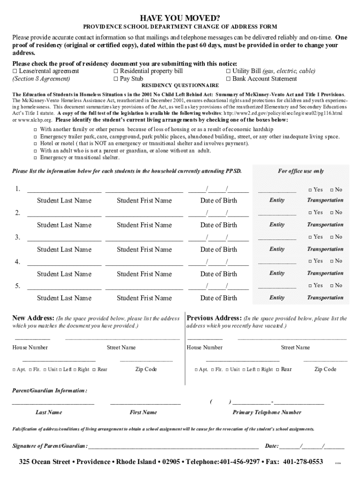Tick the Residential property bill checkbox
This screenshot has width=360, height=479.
[x=116, y=71]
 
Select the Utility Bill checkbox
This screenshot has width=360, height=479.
[x=229, y=71]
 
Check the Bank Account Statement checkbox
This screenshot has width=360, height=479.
[x=229, y=79]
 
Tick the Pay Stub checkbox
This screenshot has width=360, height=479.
[x=116, y=79]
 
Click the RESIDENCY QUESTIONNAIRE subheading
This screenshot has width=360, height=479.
[x=180, y=86]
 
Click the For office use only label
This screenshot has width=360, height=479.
[x=301, y=171]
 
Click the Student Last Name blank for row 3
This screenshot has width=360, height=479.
[x=64, y=239]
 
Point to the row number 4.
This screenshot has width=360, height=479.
[x=17, y=262]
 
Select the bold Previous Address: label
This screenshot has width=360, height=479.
[x=214, y=319]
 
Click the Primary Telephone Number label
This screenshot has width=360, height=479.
[x=267, y=412]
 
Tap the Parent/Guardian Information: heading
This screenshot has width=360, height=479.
[x=49, y=391]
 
